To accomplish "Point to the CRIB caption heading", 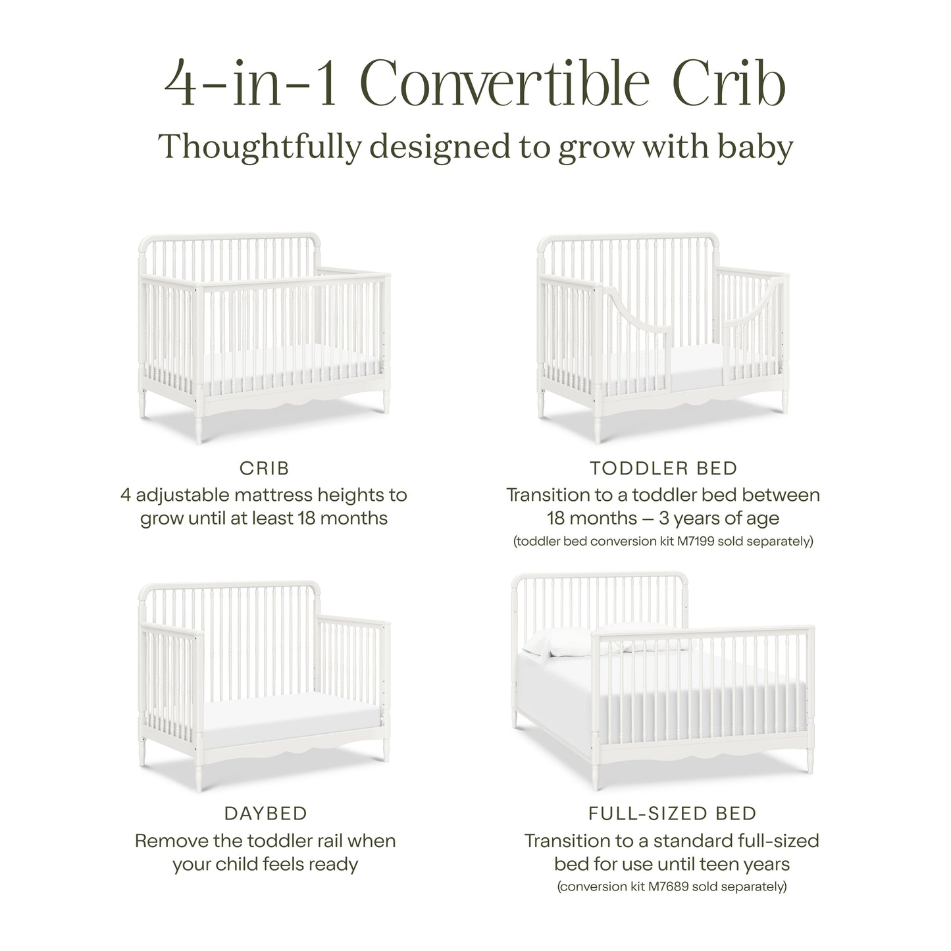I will [264, 468].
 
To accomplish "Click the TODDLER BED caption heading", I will [663, 468].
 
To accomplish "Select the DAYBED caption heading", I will [265, 813].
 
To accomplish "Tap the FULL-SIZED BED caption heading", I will [672, 813].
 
